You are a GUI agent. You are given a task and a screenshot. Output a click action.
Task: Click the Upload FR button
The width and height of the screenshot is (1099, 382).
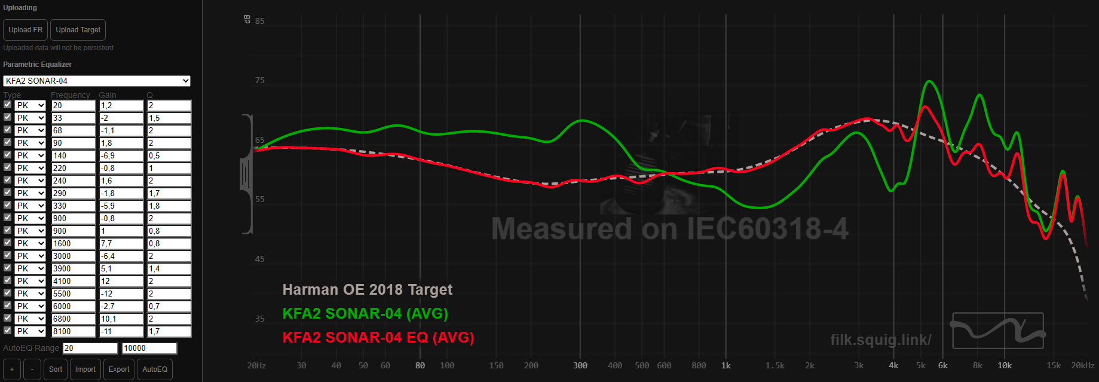(25, 30)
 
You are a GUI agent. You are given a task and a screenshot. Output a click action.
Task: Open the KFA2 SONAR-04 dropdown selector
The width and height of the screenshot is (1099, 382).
(97, 81)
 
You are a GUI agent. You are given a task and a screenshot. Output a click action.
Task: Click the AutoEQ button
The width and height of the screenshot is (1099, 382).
(155, 369)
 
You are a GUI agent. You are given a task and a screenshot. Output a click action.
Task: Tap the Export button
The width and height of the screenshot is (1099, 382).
(119, 369)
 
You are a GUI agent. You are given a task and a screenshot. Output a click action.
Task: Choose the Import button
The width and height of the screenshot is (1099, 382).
(85, 369)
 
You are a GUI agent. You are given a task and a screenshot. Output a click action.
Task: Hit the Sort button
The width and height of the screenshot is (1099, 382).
(56, 369)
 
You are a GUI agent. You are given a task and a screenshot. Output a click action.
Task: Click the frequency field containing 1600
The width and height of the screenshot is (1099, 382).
(74, 243)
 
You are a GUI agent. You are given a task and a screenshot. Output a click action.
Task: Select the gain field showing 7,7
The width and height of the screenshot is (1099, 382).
(121, 243)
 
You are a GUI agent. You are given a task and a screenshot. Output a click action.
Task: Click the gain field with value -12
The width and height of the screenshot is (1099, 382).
(121, 294)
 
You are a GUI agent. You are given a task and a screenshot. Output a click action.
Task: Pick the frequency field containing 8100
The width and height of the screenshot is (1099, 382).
(74, 331)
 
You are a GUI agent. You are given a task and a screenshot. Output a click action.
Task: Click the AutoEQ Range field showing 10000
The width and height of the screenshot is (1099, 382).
(149, 348)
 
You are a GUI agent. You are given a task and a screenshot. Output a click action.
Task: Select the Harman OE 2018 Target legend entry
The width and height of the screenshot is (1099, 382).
(368, 290)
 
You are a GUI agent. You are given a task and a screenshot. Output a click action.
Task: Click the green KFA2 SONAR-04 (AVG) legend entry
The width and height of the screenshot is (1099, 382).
(365, 314)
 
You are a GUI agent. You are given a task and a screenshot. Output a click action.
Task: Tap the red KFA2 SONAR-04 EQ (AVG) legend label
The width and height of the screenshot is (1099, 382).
(378, 338)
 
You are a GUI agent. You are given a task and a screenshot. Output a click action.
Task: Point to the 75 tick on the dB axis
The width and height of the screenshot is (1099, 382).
(260, 80)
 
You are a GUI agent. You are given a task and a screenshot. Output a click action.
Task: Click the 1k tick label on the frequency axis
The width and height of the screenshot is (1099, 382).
(726, 365)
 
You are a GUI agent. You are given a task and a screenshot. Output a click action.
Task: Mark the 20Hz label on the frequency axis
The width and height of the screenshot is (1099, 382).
(256, 365)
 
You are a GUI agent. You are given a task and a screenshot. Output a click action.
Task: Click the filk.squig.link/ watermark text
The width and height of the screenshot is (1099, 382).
(881, 340)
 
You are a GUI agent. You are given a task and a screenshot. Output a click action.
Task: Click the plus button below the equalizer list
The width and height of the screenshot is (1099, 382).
(12, 369)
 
